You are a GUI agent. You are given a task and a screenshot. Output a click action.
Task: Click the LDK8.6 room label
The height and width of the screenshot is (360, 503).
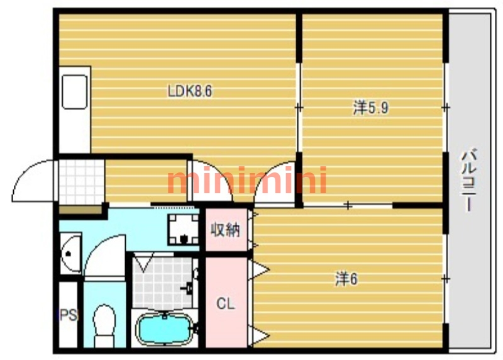tap(190, 91)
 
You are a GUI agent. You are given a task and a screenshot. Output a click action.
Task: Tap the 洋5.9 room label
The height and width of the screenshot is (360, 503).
tap(371, 108)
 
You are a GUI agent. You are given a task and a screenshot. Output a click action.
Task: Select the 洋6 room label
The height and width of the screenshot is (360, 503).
tap(346, 279)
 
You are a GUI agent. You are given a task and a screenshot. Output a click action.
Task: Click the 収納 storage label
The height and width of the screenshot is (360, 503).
tap(225, 230)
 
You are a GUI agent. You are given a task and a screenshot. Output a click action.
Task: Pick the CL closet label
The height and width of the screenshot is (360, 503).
tap(226, 303)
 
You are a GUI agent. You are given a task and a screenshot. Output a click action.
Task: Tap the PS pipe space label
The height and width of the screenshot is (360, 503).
tap(69, 315)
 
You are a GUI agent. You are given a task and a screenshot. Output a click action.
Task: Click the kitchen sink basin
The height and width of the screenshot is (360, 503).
tap(75, 92)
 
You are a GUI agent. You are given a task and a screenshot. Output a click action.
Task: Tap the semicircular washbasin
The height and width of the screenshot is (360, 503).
tap(70, 254)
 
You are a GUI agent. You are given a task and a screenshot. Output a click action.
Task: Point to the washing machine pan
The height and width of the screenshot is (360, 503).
tap(183, 229)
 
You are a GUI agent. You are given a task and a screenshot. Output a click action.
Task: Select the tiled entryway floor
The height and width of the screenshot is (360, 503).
tap(82, 182)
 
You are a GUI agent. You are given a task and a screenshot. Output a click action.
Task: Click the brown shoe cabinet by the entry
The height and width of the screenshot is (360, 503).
tap(80, 210)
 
